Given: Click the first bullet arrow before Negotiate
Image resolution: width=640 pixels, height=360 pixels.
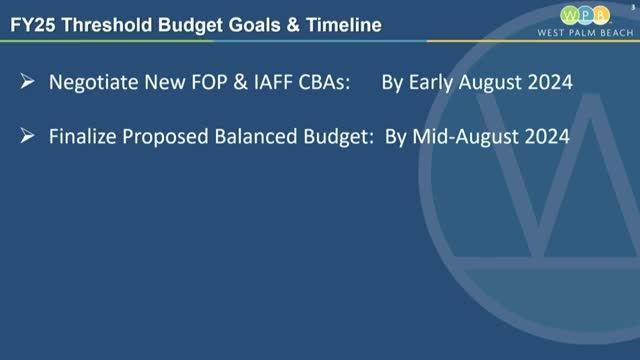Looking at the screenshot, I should point(28,84).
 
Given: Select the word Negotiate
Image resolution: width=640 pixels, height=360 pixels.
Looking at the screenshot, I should point(95,84).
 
